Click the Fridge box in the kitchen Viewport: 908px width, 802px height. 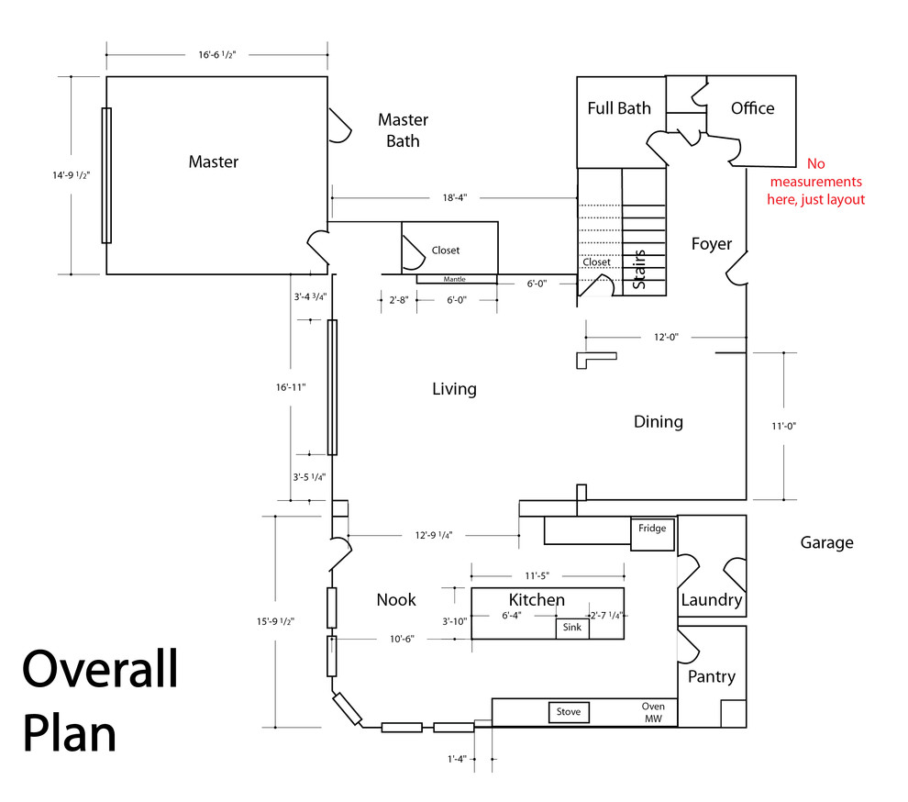(652, 534)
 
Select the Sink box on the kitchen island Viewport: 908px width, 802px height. (572, 629)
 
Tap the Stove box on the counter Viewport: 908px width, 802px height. (569, 712)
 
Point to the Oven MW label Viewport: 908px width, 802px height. (653, 713)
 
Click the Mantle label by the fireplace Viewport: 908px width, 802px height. (456, 279)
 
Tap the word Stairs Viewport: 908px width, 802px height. (640, 270)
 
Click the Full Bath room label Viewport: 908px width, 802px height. (619, 108)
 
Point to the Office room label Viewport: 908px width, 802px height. (752, 108)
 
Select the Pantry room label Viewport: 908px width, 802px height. (712, 676)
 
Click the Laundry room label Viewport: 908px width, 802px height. (711, 600)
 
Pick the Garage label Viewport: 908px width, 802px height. (826, 542)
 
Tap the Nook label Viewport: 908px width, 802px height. (396, 600)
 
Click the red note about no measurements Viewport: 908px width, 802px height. (815, 182)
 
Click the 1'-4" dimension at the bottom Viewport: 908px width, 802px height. (457, 759)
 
